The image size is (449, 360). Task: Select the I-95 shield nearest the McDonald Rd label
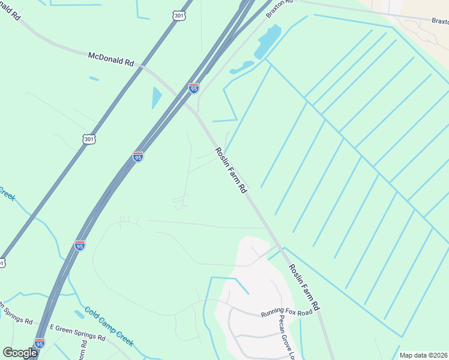(x=193, y=88)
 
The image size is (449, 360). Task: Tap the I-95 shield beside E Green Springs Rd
(x=40, y=343)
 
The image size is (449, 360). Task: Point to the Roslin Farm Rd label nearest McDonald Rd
(x=231, y=170)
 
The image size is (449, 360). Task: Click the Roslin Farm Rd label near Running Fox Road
(x=304, y=287)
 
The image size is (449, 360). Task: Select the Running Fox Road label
(x=287, y=313)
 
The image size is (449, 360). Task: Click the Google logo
(x=20, y=353)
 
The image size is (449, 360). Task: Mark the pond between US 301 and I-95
(x=157, y=98)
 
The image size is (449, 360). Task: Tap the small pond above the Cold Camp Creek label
(x=79, y=314)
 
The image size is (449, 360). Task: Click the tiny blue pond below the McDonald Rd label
(x=94, y=79)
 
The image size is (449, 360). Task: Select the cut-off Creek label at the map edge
(x=7, y=193)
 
